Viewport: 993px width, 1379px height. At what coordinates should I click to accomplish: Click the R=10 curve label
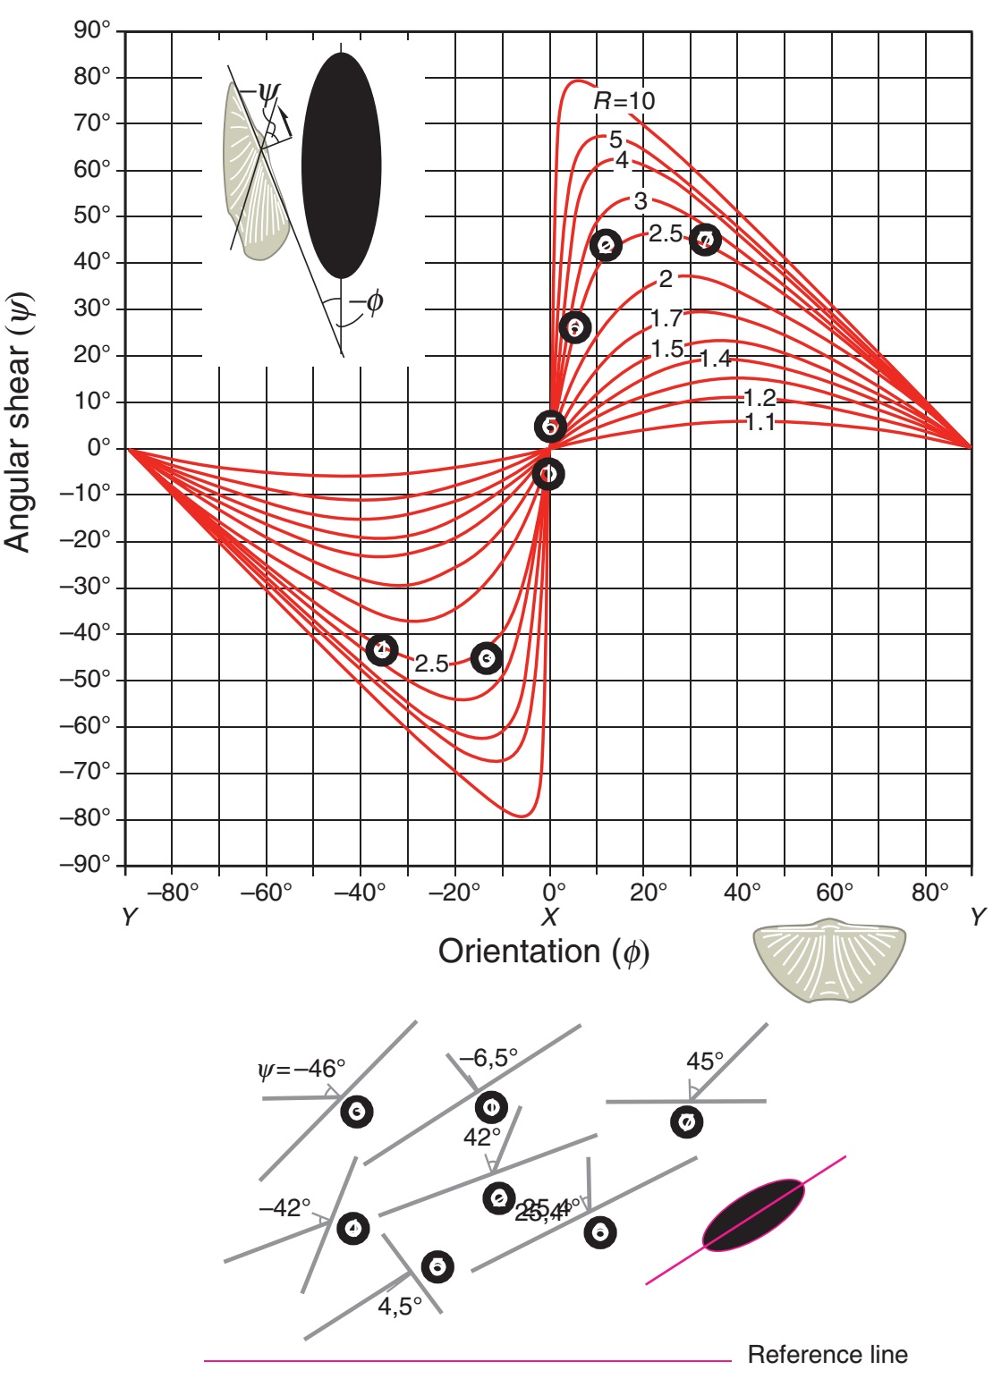coord(624,101)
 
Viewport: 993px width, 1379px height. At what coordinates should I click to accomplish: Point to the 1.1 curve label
coord(760,422)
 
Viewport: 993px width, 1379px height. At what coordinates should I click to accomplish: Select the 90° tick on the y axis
coord(92,30)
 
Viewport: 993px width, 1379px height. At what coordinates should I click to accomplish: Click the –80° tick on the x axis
coord(173,892)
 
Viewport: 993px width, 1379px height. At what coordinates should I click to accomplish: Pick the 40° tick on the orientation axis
coord(743,892)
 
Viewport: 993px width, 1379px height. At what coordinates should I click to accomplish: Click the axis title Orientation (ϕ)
coord(544,952)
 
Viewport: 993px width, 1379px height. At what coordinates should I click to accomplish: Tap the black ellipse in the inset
coord(342,165)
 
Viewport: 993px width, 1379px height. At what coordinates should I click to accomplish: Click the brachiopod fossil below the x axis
coord(829,960)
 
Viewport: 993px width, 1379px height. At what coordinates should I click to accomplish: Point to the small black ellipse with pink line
coord(753,1214)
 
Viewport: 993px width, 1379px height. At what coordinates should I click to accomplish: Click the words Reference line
coord(827,1355)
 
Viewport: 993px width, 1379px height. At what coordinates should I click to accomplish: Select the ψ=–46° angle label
coord(301,1069)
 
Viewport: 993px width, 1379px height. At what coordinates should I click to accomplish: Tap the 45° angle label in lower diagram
coord(705,1062)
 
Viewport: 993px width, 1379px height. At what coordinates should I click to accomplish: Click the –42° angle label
coord(284,1207)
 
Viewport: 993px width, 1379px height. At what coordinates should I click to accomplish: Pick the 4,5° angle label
coord(400,1307)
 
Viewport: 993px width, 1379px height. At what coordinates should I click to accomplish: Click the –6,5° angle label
coord(488,1058)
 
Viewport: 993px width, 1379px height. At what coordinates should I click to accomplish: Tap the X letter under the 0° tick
coord(549,917)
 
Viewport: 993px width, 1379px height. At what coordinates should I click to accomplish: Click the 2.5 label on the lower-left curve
coord(431,664)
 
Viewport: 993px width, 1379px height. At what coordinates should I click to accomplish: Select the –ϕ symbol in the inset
coord(367,302)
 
